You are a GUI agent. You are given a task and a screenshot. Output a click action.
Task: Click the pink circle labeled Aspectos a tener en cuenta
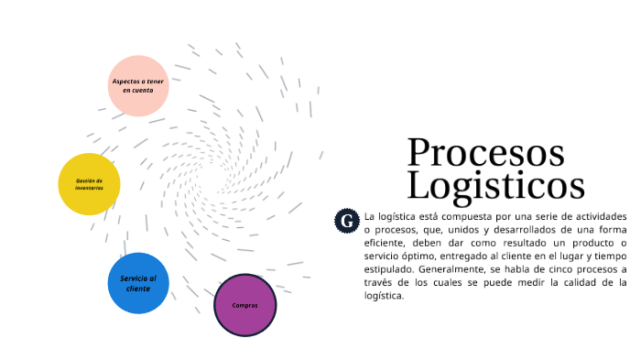(138, 86)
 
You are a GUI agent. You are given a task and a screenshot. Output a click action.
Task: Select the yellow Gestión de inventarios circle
(89, 184)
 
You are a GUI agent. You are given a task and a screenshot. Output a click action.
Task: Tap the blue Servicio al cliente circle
(138, 283)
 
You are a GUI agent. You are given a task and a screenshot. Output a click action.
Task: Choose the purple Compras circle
(244, 305)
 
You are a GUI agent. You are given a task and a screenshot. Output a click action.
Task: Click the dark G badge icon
(346, 220)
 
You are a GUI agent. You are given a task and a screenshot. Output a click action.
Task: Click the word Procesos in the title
(485, 152)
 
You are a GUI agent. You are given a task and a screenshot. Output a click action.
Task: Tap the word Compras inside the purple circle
(244, 305)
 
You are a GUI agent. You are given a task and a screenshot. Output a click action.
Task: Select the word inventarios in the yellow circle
(89, 188)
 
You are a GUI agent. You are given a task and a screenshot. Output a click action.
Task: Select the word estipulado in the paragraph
(388, 270)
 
